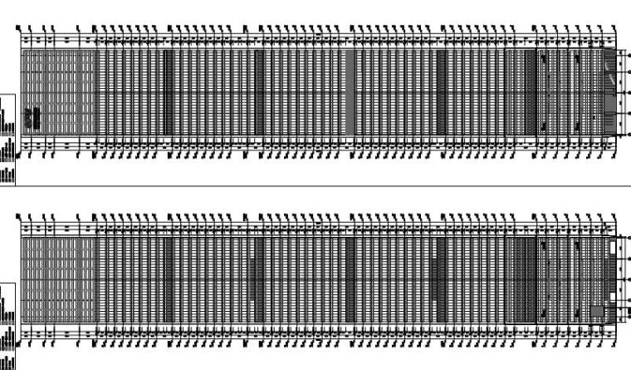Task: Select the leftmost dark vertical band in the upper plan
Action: (168, 91)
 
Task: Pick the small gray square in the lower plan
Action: (596, 310)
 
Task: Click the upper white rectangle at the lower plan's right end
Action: (613, 247)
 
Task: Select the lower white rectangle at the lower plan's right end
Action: (613, 296)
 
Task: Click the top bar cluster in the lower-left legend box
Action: (7, 295)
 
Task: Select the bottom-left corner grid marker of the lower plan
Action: (19, 342)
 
